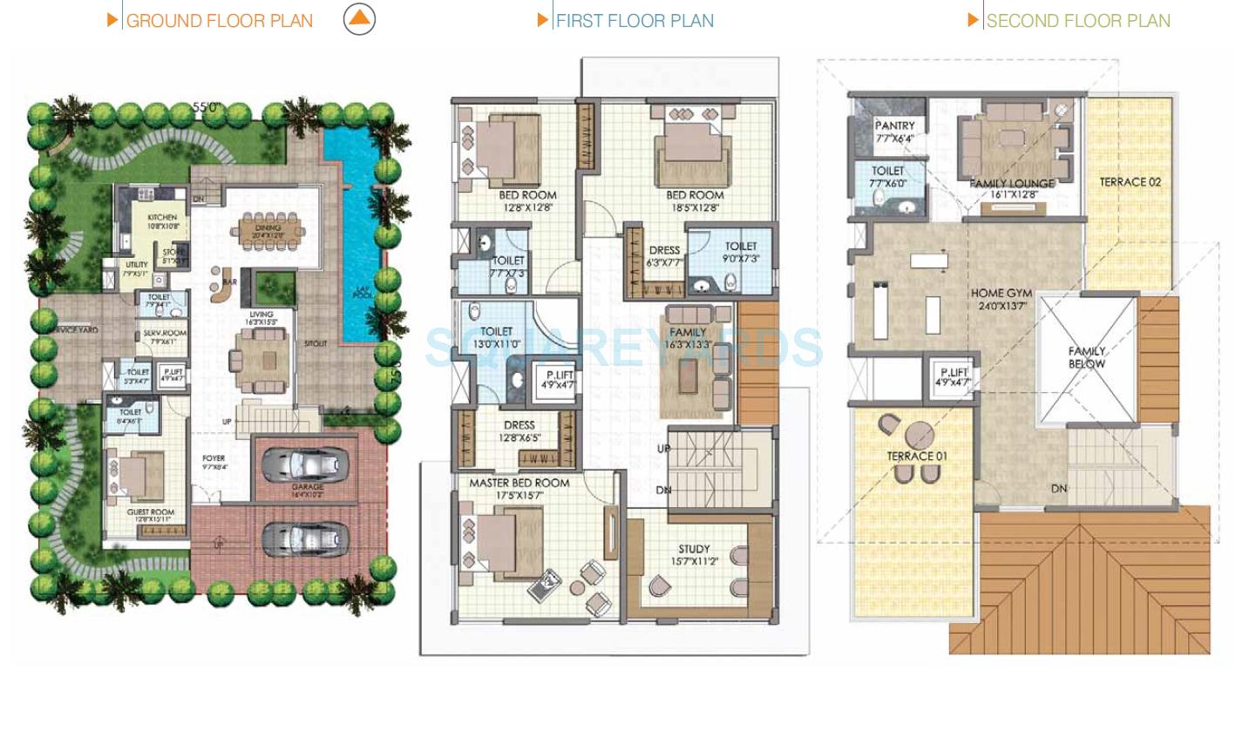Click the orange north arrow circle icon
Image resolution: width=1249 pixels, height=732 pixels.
[x=359, y=19]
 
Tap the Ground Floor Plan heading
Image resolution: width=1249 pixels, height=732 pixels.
[x=219, y=21]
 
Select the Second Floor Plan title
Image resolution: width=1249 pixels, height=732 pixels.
[x=1077, y=21]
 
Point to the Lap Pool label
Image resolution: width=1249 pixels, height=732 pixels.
[x=363, y=293]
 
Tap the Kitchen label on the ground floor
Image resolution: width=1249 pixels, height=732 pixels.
[x=162, y=217]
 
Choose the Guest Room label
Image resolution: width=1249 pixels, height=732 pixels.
[x=151, y=512]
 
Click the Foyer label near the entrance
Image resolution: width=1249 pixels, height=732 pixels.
[x=214, y=457]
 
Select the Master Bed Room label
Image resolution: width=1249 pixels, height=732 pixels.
[x=519, y=483]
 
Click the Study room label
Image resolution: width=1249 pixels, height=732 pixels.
[x=694, y=549]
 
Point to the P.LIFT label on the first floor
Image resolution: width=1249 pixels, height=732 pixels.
[x=559, y=375]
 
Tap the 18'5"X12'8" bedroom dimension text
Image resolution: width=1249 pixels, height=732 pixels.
[x=695, y=207]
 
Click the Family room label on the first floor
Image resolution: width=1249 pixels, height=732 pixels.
[x=688, y=332]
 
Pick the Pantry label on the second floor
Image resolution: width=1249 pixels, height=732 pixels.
[x=894, y=125]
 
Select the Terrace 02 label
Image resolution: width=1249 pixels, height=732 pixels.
[x=1130, y=182]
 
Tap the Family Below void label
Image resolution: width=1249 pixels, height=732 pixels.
[x=1087, y=357]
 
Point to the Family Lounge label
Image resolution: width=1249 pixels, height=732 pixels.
[x=1012, y=184]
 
